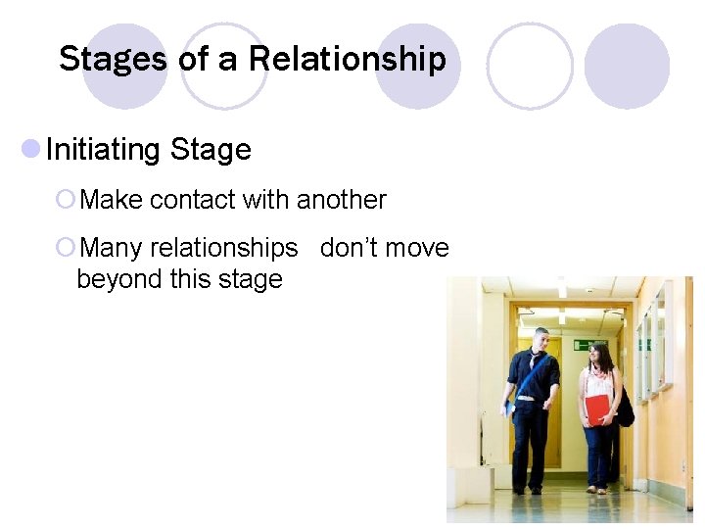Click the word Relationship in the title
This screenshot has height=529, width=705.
click(347, 60)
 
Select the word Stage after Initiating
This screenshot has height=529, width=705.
click(211, 150)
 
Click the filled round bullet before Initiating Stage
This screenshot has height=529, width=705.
click(30, 149)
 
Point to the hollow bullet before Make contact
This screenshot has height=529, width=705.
click(66, 200)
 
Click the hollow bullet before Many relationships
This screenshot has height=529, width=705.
click(66, 248)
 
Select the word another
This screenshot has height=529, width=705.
click(341, 200)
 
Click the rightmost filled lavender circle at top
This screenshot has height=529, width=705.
click(627, 66)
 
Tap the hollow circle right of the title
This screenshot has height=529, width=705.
click(530, 66)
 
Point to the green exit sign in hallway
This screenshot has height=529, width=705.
click(584, 344)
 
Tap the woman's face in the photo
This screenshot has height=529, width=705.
click(601, 356)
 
